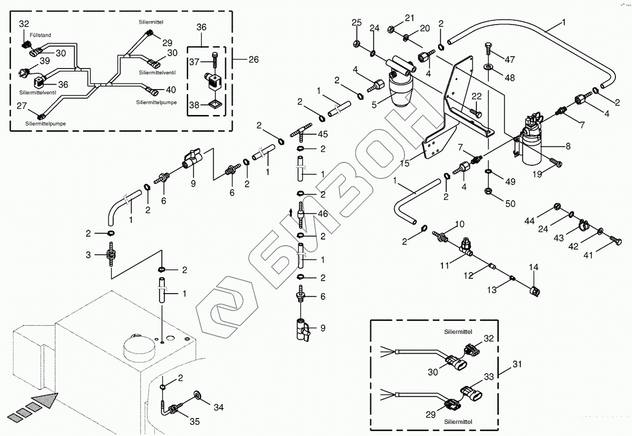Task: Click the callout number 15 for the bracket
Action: click(x=404, y=164)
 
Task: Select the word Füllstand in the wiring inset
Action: click(x=40, y=34)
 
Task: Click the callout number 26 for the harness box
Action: click(x=253, y=60)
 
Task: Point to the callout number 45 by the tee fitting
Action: click(x=322, y=134)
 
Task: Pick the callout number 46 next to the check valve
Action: click(x=322, y=214)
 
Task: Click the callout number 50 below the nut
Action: click(x=510, y=204)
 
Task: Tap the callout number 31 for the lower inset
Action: click(x=517, y=364)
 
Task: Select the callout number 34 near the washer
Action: click(x=218, y=407)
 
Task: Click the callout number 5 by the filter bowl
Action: click(x=374, y=105)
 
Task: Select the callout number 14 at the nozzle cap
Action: click(x=533, y=267)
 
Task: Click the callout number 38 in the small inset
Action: click(x=194, y=105)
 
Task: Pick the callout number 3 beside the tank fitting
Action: click(x=88, y=255)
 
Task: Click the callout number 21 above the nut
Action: click(x=409, y=18)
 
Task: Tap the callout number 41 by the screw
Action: click(x=588, y=255)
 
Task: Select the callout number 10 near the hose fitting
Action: click(x=459, y=224)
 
